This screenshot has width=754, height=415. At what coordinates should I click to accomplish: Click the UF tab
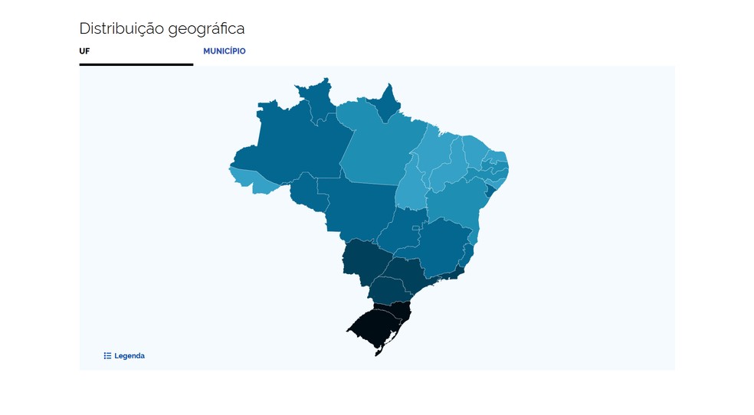84,51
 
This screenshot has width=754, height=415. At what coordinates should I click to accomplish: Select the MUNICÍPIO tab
224,51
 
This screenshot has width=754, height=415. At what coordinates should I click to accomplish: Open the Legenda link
129,356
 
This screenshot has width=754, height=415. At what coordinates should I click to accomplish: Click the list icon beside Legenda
108,356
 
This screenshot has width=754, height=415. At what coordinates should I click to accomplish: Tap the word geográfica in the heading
208,29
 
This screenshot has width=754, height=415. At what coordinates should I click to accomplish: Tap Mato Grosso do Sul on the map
360,260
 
